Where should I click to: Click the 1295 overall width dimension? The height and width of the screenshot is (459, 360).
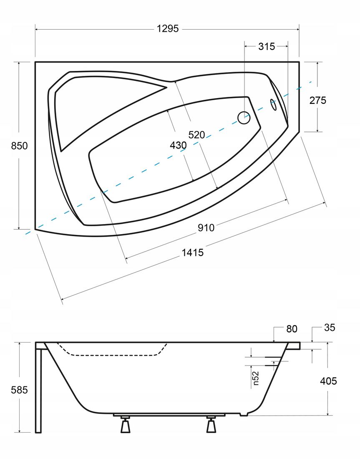167,29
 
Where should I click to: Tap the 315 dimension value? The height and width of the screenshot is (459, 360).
267,46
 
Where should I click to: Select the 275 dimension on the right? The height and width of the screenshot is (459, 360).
318,101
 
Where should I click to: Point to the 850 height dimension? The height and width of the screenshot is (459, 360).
19,146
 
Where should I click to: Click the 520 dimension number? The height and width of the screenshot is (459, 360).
196,135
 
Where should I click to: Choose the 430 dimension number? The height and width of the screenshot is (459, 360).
178,145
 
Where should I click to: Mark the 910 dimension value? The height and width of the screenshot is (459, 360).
206,227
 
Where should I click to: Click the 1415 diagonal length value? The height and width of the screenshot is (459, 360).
193,252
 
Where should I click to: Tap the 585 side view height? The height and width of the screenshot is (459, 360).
19,390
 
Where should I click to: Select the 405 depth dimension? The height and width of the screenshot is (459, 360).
328,381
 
